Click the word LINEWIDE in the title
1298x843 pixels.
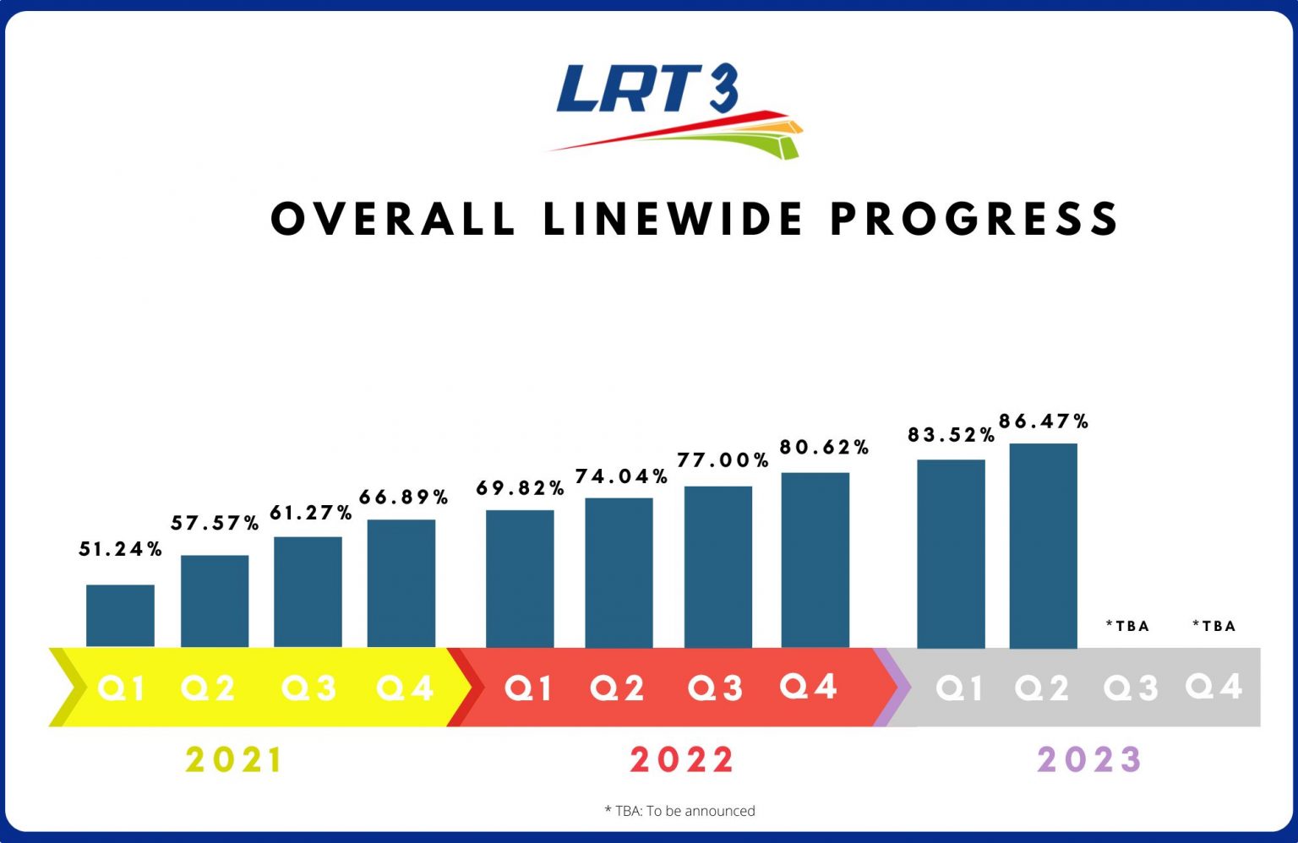pyautogui.click(x=673, y=220)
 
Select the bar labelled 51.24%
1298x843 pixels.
pyautogui.click(x=120, y=616)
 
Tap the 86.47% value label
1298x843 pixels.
pyautogui.click(x=1044, y=421)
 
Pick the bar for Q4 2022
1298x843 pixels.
pyautogui.click(x=815, y=560)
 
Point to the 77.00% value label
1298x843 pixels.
pyautogui.click(x=723, y=460)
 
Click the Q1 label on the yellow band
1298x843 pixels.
pyautogui.click(x=121, y=688)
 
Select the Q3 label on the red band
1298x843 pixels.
pyautogui.click(x=715, y=688)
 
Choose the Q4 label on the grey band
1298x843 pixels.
pyautogui.click(x=1213, y=686)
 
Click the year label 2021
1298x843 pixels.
pyautogui.click(x=234, y=760)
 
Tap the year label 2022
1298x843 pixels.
pyautogui.click(x=682, y=760)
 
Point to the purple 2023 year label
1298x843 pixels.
pyautogui.click(x=1089, y=760)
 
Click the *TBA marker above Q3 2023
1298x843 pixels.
pyautogui.click(x=1128, y=626)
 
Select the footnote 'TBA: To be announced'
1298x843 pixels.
pyautogui.click(x=680, y=811)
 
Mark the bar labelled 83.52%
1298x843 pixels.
pyautogui.click(x=951, y=554)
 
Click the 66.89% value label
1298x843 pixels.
pyautogui.click(x=404, y=498)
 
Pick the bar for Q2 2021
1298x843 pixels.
pyautogui.click(x=215, y=601)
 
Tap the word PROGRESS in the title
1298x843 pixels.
pyautogui.click(x=974, y=220)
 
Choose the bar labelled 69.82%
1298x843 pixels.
pyautogui.click(x=520, y=579)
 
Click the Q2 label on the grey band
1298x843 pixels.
pyautogui.click(x=1041, y=688)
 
